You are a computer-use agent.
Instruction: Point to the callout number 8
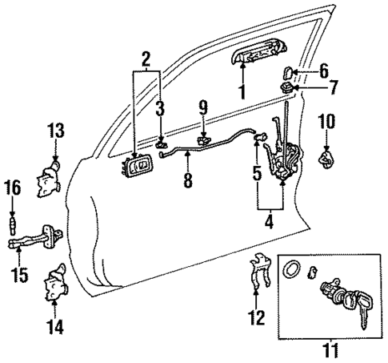[188, 181]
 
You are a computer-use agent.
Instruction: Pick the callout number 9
[203, 105]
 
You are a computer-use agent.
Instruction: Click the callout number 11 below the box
[329, 350]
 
